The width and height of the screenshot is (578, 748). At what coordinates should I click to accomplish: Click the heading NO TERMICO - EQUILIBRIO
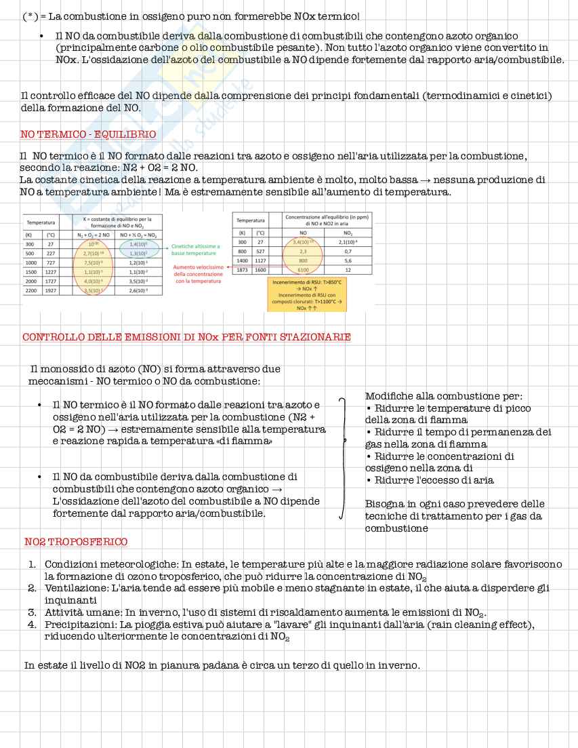(88, 134)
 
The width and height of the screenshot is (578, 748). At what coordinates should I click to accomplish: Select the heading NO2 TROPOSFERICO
(76, 542)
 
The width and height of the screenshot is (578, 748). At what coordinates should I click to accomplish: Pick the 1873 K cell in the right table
(243, 269)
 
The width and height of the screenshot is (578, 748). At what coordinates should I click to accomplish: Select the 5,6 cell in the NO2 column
(348, 260)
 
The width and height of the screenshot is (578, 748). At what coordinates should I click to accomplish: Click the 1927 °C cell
(50, 290)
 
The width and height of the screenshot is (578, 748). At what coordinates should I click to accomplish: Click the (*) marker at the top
(30, 16)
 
